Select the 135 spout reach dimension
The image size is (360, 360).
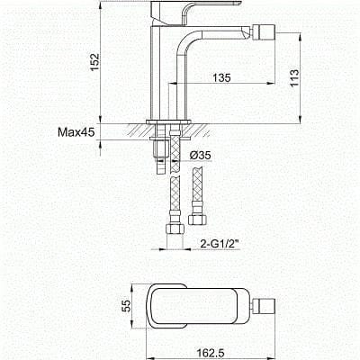[222, 78]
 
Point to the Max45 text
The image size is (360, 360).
[77, 132]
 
